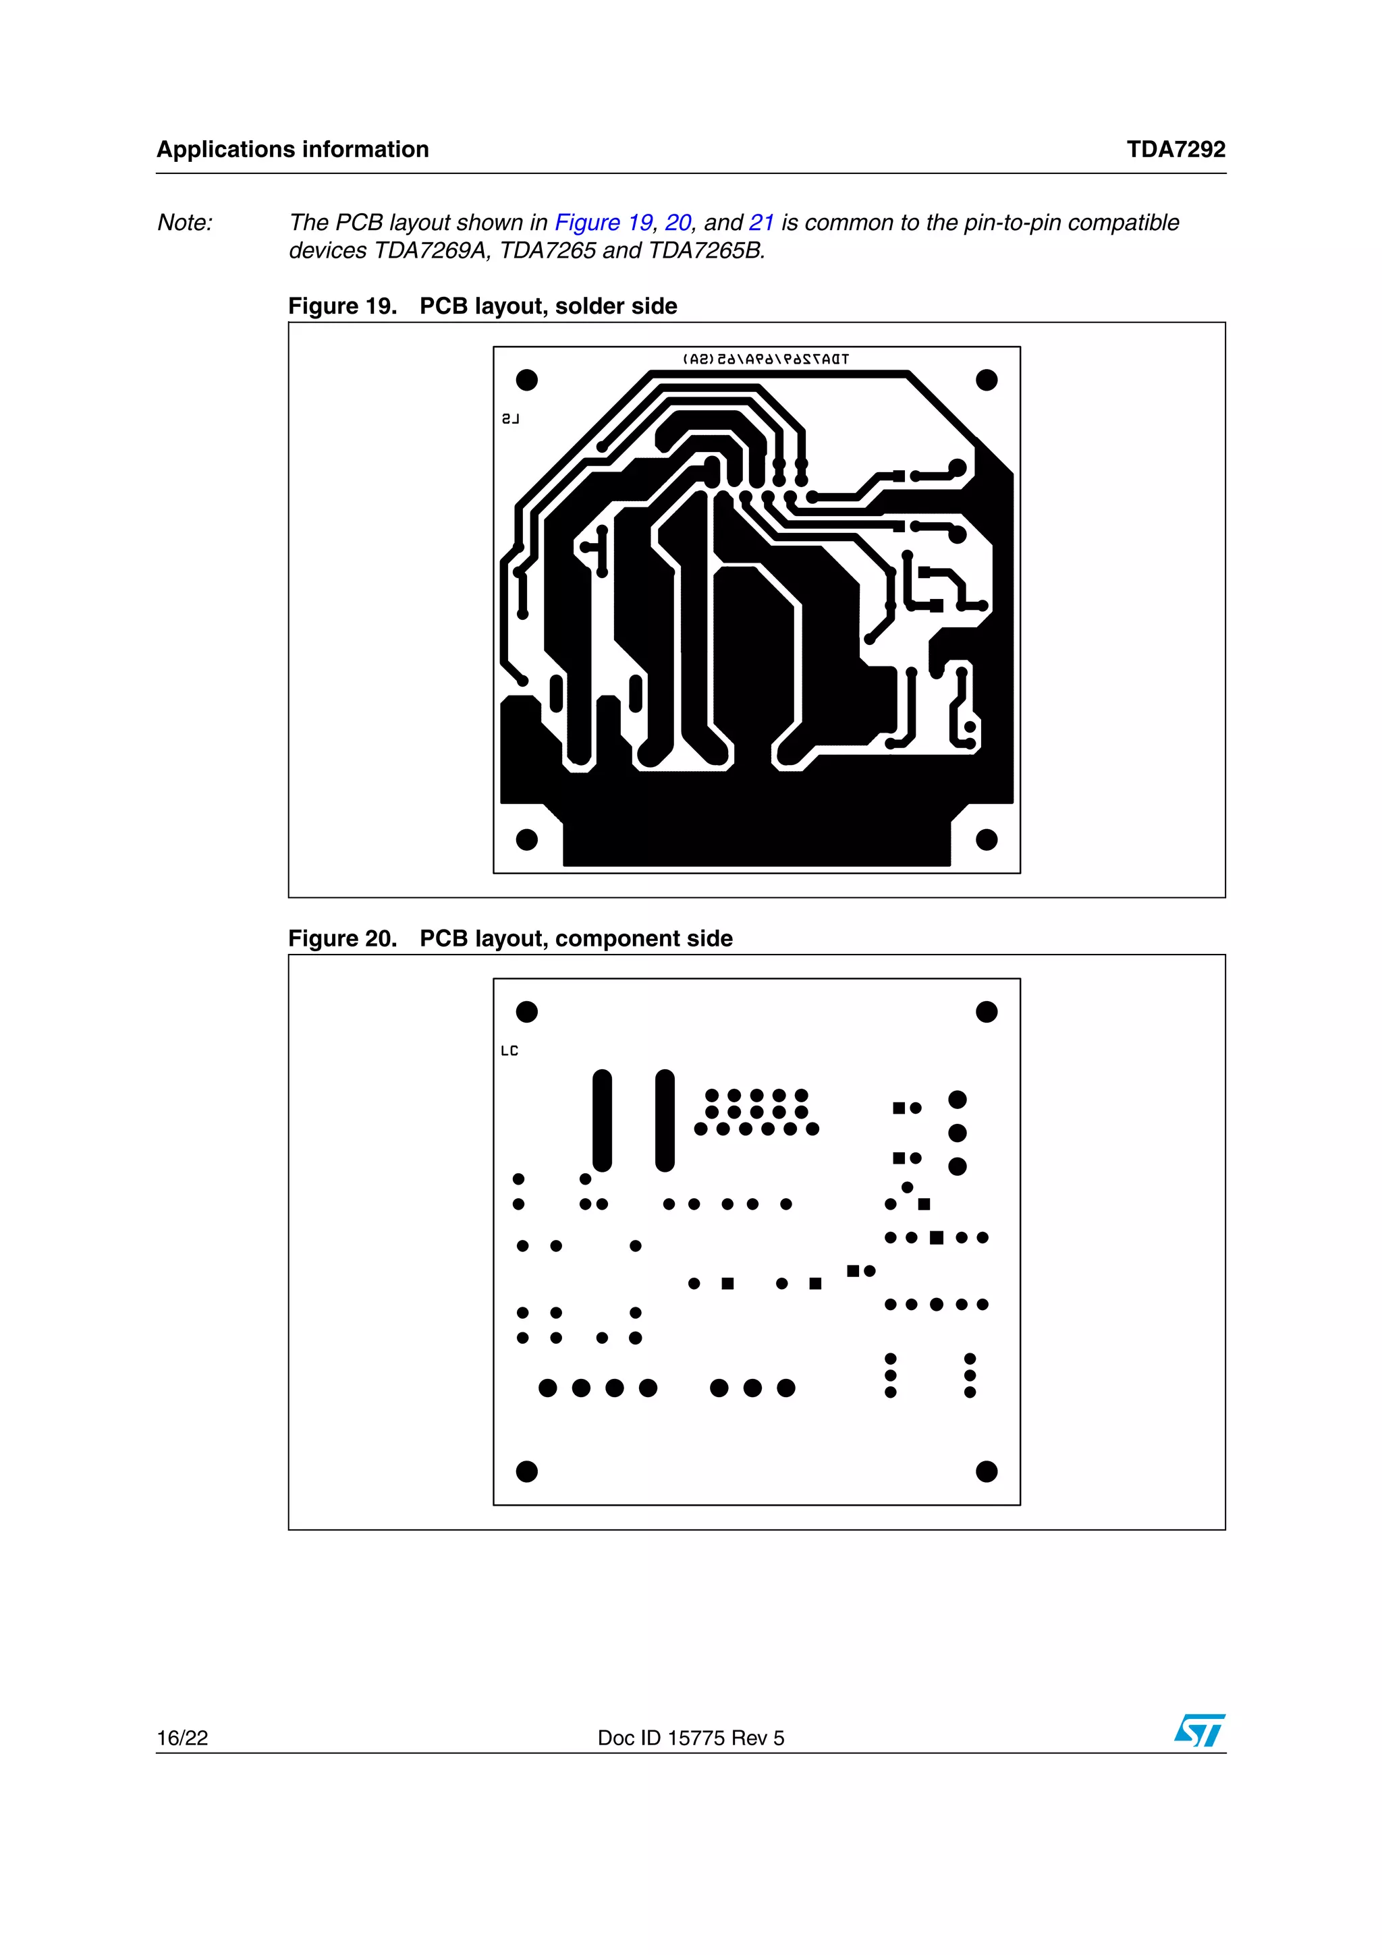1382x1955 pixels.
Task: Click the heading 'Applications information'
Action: (292, 149)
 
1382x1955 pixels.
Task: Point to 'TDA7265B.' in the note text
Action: (706, 250)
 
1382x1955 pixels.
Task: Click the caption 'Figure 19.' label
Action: (342, 306)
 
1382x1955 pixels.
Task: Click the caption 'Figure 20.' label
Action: (342, 938)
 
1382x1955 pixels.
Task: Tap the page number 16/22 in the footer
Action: (182, 1738)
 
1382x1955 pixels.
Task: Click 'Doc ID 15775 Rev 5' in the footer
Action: (690, 1738)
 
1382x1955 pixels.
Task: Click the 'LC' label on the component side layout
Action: (509, 1051)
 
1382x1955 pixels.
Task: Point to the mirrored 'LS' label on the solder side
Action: (510, 419)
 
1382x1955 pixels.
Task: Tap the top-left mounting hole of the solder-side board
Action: (527, 380)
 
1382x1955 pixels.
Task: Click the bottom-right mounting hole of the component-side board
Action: (986, 1471)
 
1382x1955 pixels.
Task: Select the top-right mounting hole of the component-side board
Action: (986, 1011)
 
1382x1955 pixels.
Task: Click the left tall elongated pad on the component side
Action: (602, 1120)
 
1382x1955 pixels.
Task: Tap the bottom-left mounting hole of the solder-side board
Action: (527, 840)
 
